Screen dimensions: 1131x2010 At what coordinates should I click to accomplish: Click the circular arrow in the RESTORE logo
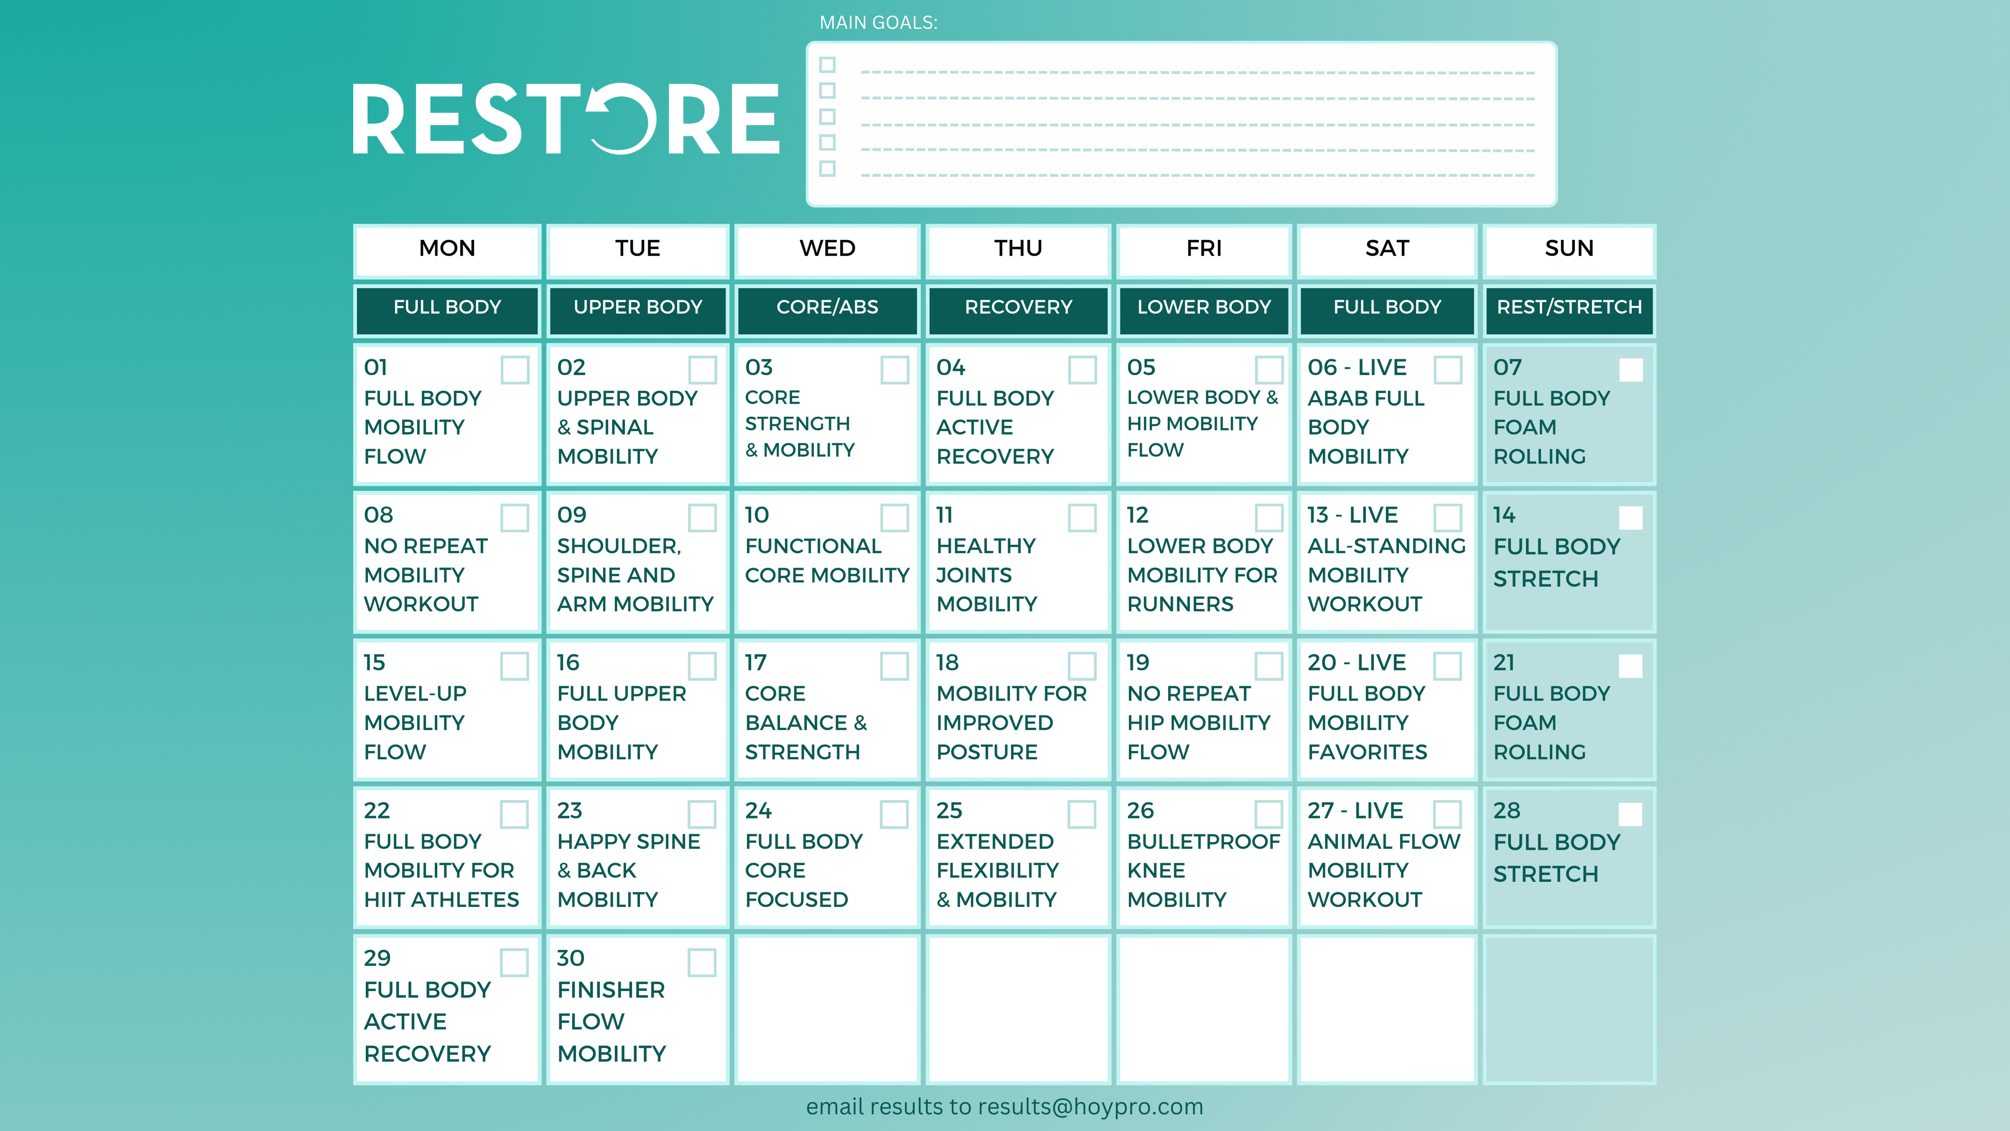(x=622, y=119)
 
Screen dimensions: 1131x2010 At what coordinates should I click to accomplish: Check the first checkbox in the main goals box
(x=827, y=65)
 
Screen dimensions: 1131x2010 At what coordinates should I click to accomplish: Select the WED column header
(x=827, y=248)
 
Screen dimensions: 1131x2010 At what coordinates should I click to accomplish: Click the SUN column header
(x=1569, y=248)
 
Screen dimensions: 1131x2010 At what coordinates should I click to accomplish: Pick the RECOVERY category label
(x=1018, y=307)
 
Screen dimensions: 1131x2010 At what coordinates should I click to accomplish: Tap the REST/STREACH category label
(x=1569, y=307)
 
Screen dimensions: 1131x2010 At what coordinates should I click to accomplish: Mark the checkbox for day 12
(x=1269, y=517)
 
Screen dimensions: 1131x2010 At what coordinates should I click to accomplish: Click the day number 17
(x=755, y=663)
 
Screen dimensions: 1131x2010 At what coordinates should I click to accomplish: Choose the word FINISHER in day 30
(x=611, y=990)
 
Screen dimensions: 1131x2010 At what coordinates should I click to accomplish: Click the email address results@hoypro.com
(x=1090, y=1107)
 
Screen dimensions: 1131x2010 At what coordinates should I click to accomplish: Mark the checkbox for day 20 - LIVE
(x=1447, y=666)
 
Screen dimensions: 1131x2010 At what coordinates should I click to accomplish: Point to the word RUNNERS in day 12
(x=1180, y=604)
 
